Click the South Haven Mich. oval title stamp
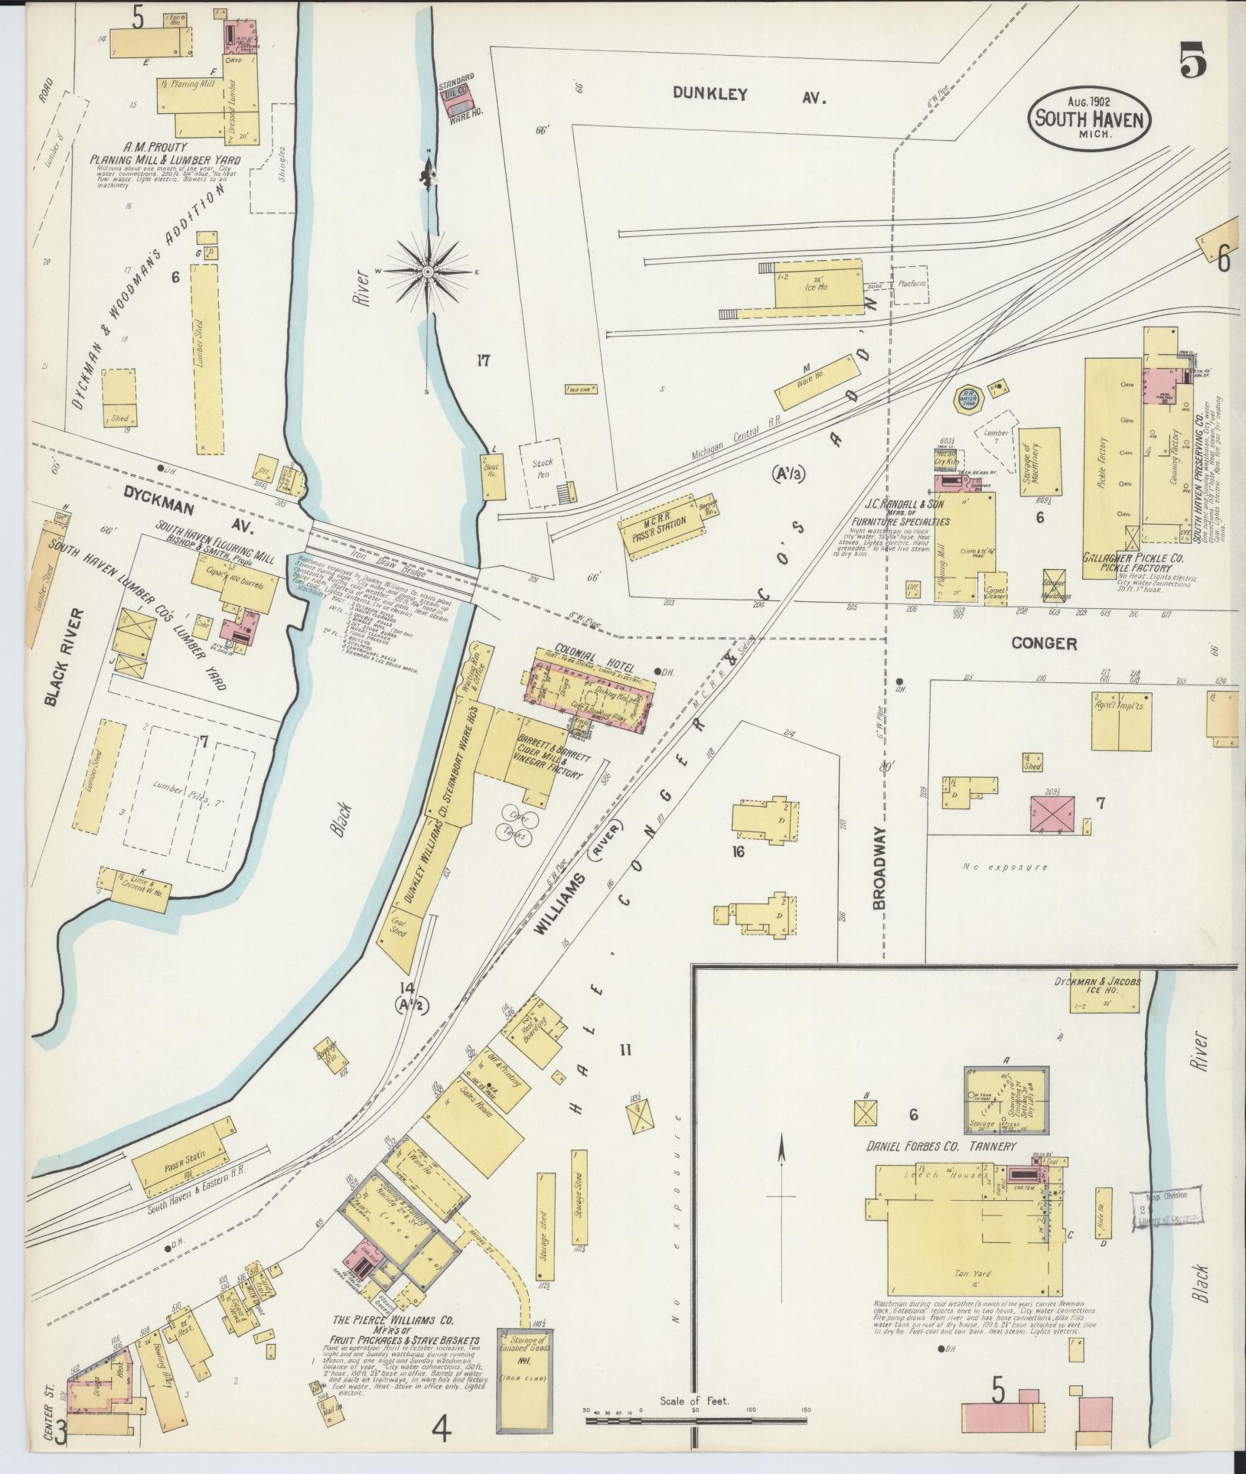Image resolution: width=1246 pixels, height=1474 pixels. click(1089, 119)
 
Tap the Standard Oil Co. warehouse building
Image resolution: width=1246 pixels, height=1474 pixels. click(459, 101)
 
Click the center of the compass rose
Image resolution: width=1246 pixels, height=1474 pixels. click(428, 272)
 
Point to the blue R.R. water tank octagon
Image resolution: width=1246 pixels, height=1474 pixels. click(967, 398)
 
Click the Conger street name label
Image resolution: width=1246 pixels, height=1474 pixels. click(1044, 643)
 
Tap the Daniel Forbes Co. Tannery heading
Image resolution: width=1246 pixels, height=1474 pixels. click(941, 1168)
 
